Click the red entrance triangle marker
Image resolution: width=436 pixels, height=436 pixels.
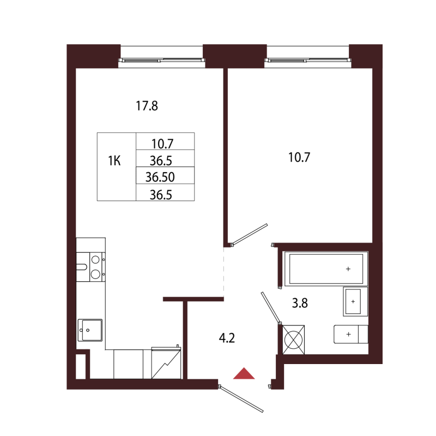pyautogui.click(x=244, y=374)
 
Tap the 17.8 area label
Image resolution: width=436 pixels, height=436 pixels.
pyautogui.click(x=147, y=106)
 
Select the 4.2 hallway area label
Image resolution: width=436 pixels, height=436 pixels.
pyautogui.click(x=227, y=338)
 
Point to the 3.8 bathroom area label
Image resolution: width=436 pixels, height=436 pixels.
pyautogui.click(x=300, y=303)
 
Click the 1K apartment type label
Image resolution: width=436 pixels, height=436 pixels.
pyautogui.click(x=114, y=161)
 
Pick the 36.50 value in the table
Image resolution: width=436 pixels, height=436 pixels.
pyautogui.click(x=160, y=177)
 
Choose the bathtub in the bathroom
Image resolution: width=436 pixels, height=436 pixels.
pyautogui.click(x=326, y=269)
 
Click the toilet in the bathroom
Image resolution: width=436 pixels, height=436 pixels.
pyautogui.click(x=351, y=334)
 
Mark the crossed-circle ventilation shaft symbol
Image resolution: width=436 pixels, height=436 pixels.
pyautogui.click(x=293, y=340)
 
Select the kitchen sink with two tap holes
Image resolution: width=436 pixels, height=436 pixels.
pyautogui.click(x=90, y=330)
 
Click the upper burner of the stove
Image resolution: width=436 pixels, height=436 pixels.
pyautogui.click(x=95, y=260)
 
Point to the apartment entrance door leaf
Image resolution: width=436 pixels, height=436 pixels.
pyautogui.click(x=241, y=398)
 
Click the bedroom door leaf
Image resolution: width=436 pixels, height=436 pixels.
pyautogui.click(x=250, y=234)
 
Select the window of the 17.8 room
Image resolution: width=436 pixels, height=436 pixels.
pyautogui.click(x=161, y=60)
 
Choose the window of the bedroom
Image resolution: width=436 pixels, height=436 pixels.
pyautogui.click(x=307, y=60)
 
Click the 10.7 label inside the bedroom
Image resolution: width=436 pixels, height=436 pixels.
pyautogui.click(x=299, y=158)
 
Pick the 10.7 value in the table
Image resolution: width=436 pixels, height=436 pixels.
pyautogui.click(x=162, y=144)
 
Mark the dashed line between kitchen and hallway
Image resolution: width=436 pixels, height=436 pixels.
pyautogui.click(x=224, y=271)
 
